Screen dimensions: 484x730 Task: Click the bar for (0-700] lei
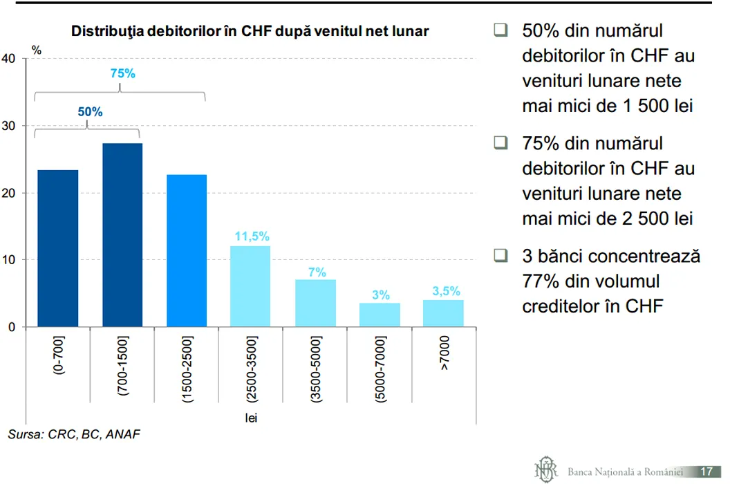click(x=58, y=248)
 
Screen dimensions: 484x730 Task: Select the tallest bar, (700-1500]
click(x=122, y=235)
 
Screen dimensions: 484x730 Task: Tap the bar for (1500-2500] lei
click(x=187, y=250)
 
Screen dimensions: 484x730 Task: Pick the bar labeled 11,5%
click(x=250, y=286)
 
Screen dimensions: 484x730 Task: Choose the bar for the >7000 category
click(x=443, y=313)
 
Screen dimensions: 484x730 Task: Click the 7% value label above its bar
click(x=317, y=272)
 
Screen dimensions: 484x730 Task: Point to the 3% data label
click(x=381, y=295)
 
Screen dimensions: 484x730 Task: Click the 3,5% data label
click(x=446, y=291)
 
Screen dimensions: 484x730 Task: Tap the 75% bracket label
click(x=123, y=73)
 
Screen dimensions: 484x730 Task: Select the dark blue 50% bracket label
click(x=90, y=112)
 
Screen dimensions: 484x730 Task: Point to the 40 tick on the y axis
click(x=8, y=59)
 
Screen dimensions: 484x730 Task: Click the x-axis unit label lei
click(x=251, y=418)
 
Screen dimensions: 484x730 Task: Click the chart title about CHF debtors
click(x=250, y=31)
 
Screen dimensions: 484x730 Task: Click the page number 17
click(x=706, y=472)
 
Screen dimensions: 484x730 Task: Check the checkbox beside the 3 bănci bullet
click(x=500, y=256)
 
